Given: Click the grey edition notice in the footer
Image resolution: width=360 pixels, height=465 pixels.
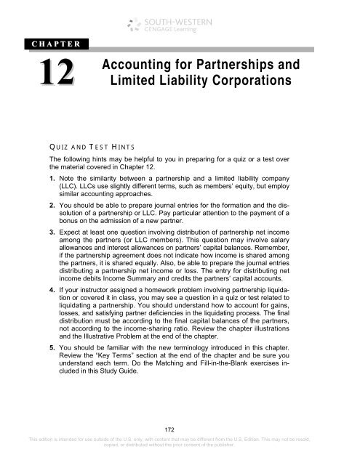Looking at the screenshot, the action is pos(180,456).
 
